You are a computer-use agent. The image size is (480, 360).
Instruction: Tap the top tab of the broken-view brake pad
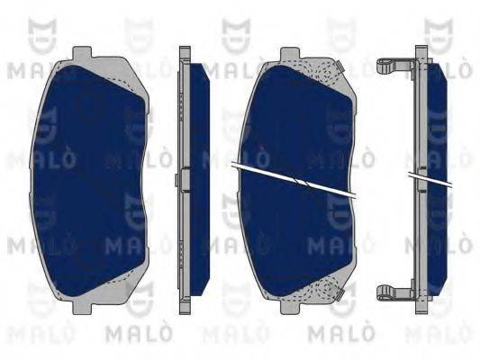289,52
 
